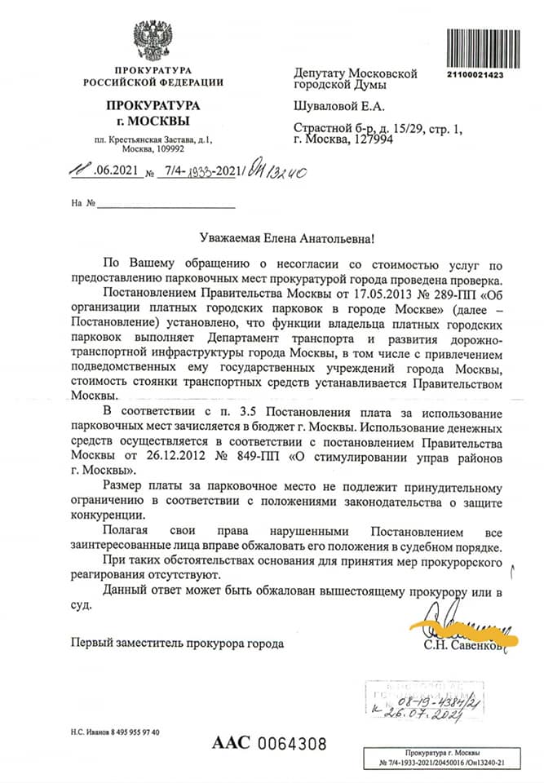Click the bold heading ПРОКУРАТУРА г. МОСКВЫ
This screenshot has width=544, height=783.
click(152, 113)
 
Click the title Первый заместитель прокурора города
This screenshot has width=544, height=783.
click(177, 644)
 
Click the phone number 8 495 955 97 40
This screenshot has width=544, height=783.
click(127, 732)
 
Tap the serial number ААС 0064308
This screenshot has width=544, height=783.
click(269, 743)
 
